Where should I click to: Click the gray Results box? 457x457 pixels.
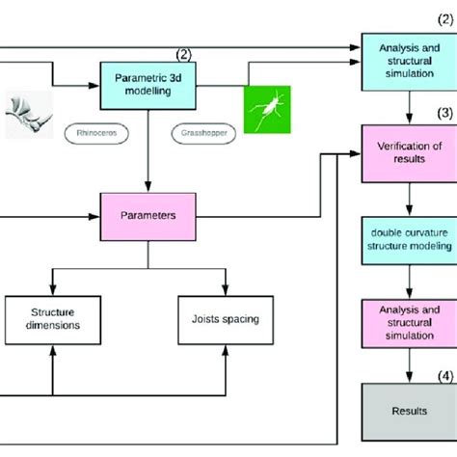point(410,409)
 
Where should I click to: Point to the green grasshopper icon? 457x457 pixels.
point(265,110)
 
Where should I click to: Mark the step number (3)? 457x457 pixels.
point(444,112)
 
